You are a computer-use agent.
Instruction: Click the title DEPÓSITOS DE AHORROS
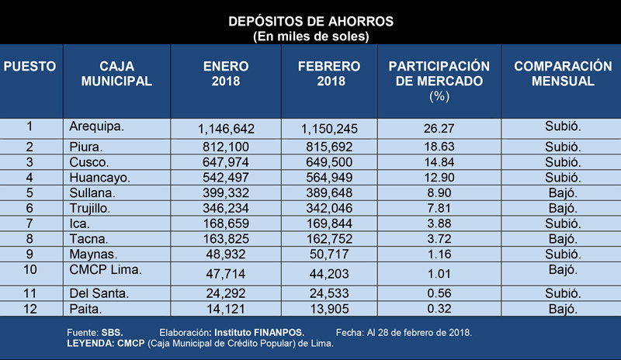311,22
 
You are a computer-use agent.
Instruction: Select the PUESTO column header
29,66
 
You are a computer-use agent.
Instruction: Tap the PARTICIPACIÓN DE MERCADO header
439,74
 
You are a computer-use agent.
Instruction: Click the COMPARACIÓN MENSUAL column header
563,74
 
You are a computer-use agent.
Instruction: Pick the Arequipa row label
96,126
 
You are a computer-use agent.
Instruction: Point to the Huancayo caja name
100,178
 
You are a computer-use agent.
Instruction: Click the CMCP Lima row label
106,270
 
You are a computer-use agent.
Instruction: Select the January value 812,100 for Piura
226,147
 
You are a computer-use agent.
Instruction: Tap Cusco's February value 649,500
329,162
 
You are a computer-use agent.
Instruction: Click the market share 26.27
439,128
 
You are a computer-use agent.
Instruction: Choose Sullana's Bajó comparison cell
563,193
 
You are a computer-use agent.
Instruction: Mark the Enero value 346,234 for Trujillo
226,208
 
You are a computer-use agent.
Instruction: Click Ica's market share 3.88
439,223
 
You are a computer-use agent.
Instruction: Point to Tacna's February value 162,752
329,239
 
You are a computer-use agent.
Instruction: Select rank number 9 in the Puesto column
29,254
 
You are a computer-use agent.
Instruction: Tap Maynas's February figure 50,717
329,254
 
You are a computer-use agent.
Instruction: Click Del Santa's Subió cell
563,293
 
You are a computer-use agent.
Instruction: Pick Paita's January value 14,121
226,309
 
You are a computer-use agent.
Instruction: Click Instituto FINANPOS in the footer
259,333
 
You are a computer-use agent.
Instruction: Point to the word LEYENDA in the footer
91,344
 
